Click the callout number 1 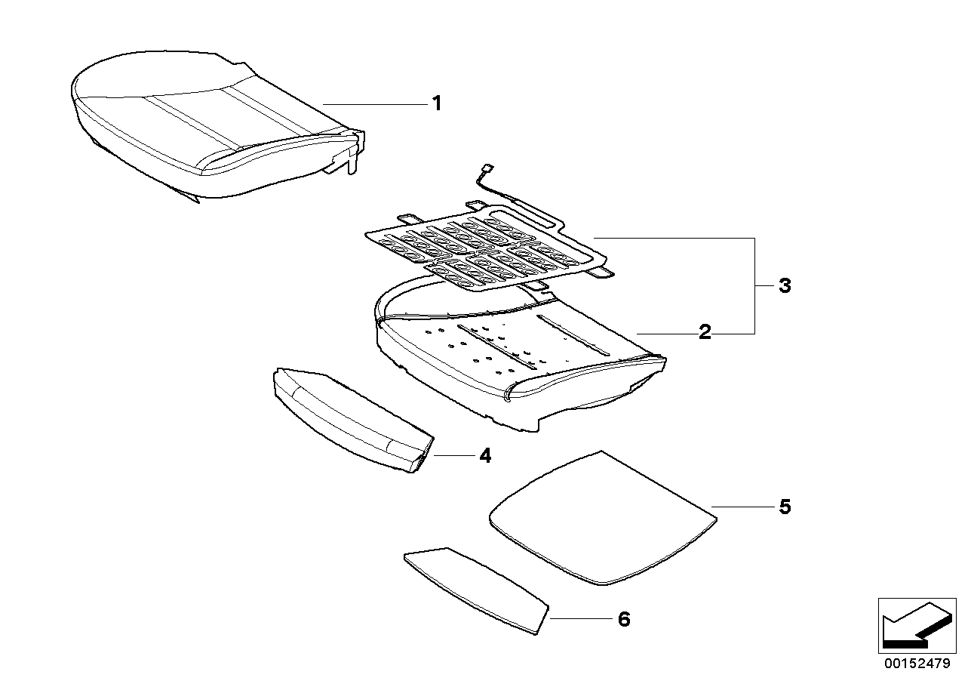point(435,103)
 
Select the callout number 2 point(704,332)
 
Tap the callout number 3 point(785,286)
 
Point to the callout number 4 point(484,455)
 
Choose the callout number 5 point(785,507)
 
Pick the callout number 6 point(623,620)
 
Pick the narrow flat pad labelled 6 point(475,589)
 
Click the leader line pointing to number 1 point(373,103)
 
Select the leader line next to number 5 point(743,507)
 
